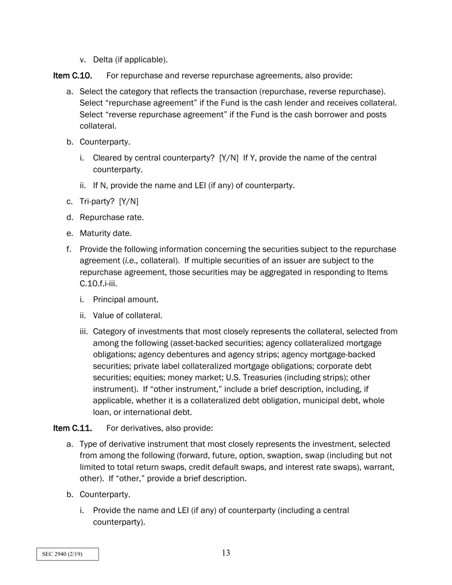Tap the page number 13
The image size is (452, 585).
226,553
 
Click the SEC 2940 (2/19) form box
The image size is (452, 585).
68,554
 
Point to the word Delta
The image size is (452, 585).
103,59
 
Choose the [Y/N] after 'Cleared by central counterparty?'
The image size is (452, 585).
229,158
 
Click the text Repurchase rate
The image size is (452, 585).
111,217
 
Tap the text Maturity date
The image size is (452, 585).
105,234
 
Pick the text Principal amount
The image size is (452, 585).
126,300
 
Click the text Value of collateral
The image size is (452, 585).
128,315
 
